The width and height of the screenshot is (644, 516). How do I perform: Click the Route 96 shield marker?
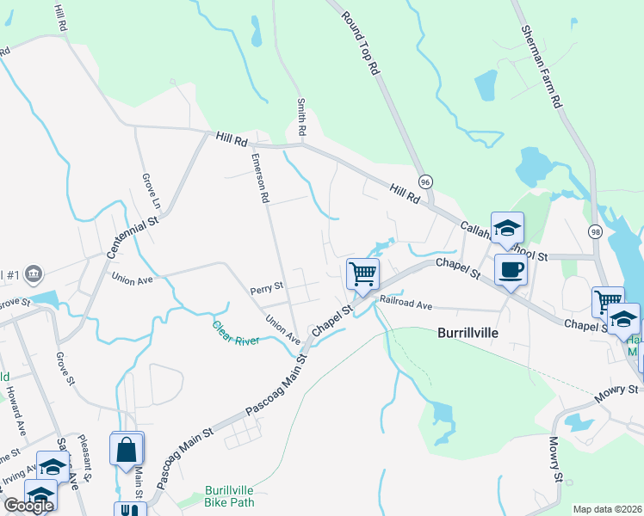[x=425, y=181]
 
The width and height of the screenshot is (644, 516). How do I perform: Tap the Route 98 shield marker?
[x=595, y=233]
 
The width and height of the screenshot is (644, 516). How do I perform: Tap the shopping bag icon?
[x=127, y=450]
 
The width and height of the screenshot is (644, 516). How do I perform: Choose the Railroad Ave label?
[x=406, y=304]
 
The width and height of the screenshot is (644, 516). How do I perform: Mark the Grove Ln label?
[x=151, y=193]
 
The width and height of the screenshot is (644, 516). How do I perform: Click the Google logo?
[x=28, y=506]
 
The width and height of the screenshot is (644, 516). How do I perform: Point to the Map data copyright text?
[x=606, y=509]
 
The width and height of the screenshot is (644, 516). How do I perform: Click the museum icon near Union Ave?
[x=34, y=273]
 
